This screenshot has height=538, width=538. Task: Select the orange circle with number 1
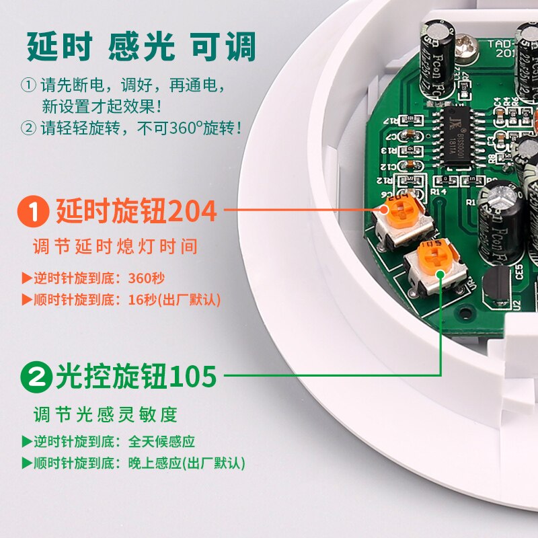click(x=34, y=211)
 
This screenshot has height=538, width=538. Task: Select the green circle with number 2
click(x=37, y=376)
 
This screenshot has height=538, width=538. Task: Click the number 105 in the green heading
click(x=193, y=376)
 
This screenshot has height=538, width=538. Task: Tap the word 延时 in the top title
click(x=59, y=47)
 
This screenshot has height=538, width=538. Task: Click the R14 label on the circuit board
click(x=438, y=192)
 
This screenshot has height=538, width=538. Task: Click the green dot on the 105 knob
click(x=440, y=274)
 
